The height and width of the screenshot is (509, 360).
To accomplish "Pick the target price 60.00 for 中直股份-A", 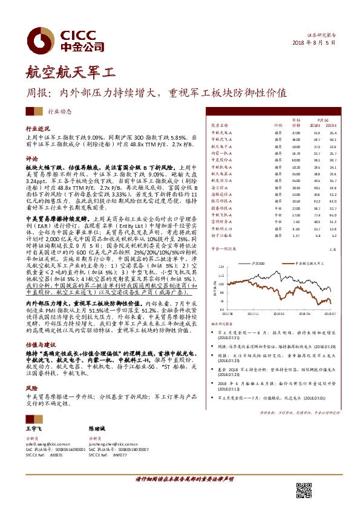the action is [x=296, y=160].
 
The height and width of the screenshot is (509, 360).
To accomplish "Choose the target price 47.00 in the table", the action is [x=296, y=132].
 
